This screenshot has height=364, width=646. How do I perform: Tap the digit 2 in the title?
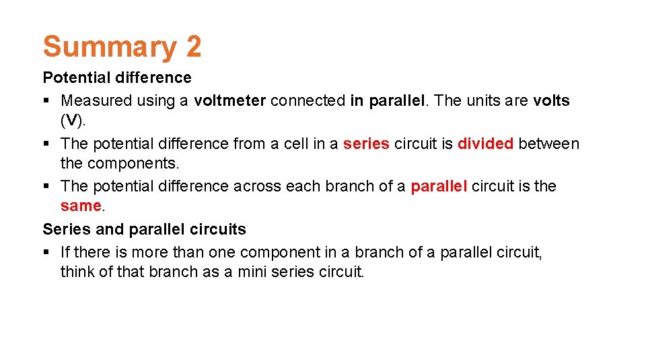[190, 47]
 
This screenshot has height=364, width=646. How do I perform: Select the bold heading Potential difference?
[117, 78]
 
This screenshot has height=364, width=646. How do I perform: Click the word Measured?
[96, 101]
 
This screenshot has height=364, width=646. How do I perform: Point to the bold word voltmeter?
[229, 101]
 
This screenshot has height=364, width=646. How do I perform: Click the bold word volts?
[551, 101]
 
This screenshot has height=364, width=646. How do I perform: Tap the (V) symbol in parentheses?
[71, 121]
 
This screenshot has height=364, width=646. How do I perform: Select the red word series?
[366, 144]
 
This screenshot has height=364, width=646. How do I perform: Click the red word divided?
[485, 144]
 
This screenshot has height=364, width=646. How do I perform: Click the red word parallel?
[438, 186]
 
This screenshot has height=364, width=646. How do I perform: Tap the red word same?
[80, 206]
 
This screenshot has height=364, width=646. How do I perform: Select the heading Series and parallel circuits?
[144, 229]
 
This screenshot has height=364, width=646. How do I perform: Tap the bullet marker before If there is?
[46, 253]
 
